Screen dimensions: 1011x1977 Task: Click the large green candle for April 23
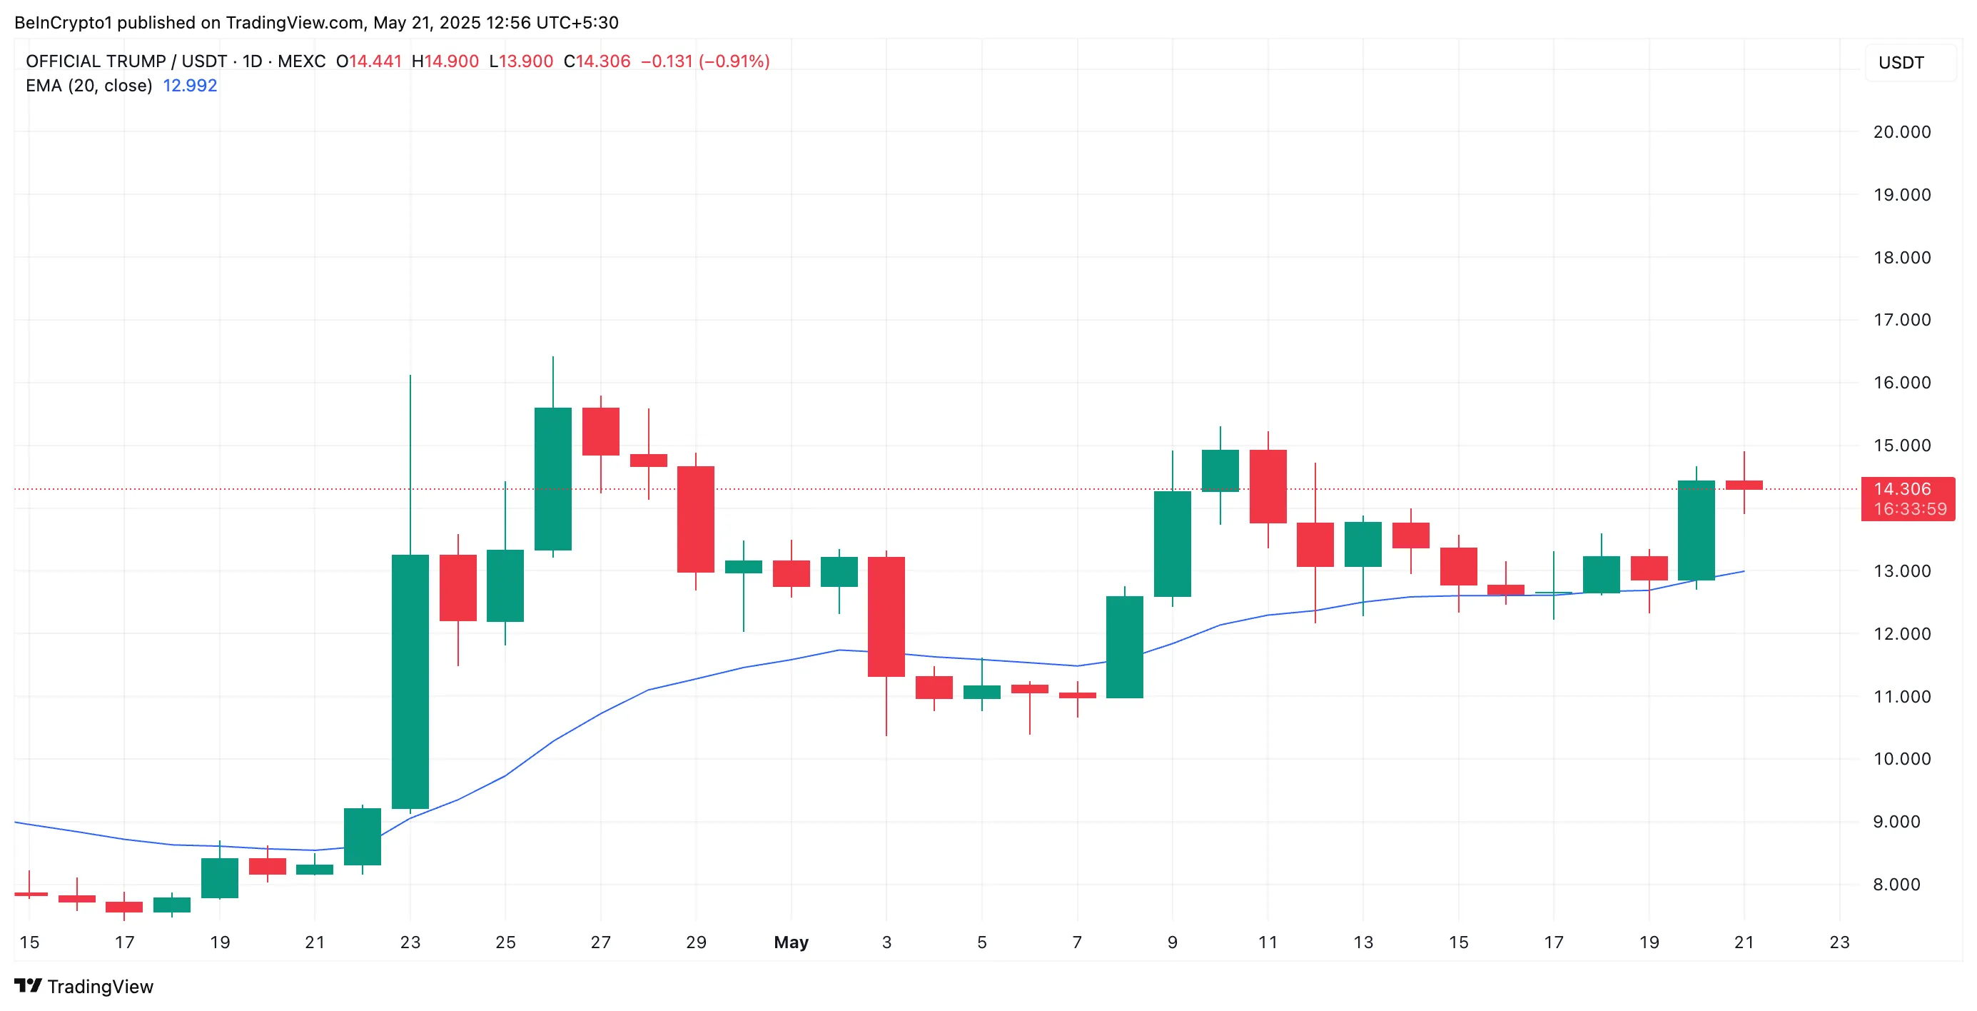point(410,681)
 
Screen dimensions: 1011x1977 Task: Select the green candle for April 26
point(552,478)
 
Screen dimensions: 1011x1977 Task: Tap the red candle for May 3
point(886,616)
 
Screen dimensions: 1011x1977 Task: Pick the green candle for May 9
point(1172,543)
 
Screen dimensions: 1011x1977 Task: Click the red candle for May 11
point(1267,486)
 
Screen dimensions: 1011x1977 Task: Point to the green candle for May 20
point(1696,530)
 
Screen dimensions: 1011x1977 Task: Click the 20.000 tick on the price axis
point(1902,132)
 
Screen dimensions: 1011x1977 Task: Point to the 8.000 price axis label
point(1902,885)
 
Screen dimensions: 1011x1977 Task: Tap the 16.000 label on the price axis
point(1902,382)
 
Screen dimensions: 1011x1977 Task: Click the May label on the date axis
point(791,942)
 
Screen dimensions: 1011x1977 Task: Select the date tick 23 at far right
point(1839,942)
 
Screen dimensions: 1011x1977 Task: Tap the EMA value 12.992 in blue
point(190,85)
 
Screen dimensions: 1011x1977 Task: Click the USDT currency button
point(1901,63)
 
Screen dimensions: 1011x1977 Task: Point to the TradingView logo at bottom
point(84,987)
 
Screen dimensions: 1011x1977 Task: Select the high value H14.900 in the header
point(445,61)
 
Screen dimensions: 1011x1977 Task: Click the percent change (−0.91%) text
point(734,61)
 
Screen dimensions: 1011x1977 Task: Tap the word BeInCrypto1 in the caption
point(63,22)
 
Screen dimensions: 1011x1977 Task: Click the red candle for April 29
point(695,519)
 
